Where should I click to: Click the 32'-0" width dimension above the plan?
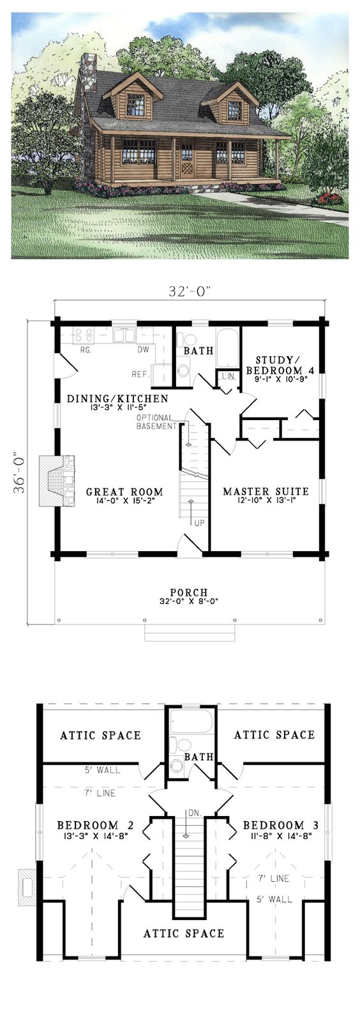pos(190,292)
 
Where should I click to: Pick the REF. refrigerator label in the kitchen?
pos(139,375)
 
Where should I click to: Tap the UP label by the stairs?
pos(199,523)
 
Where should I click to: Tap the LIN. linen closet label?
pos(227,376)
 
